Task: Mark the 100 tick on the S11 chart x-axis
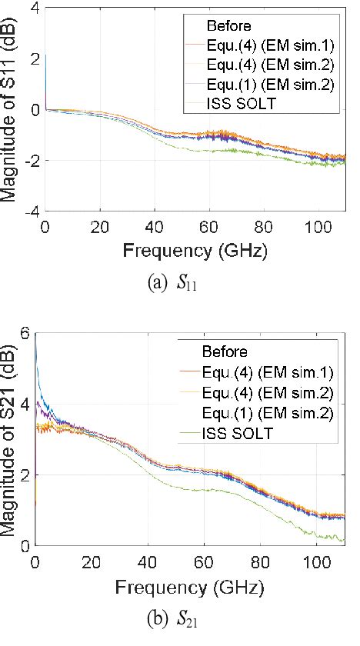pos(318,227)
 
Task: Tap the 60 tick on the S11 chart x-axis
pos(208,227)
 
